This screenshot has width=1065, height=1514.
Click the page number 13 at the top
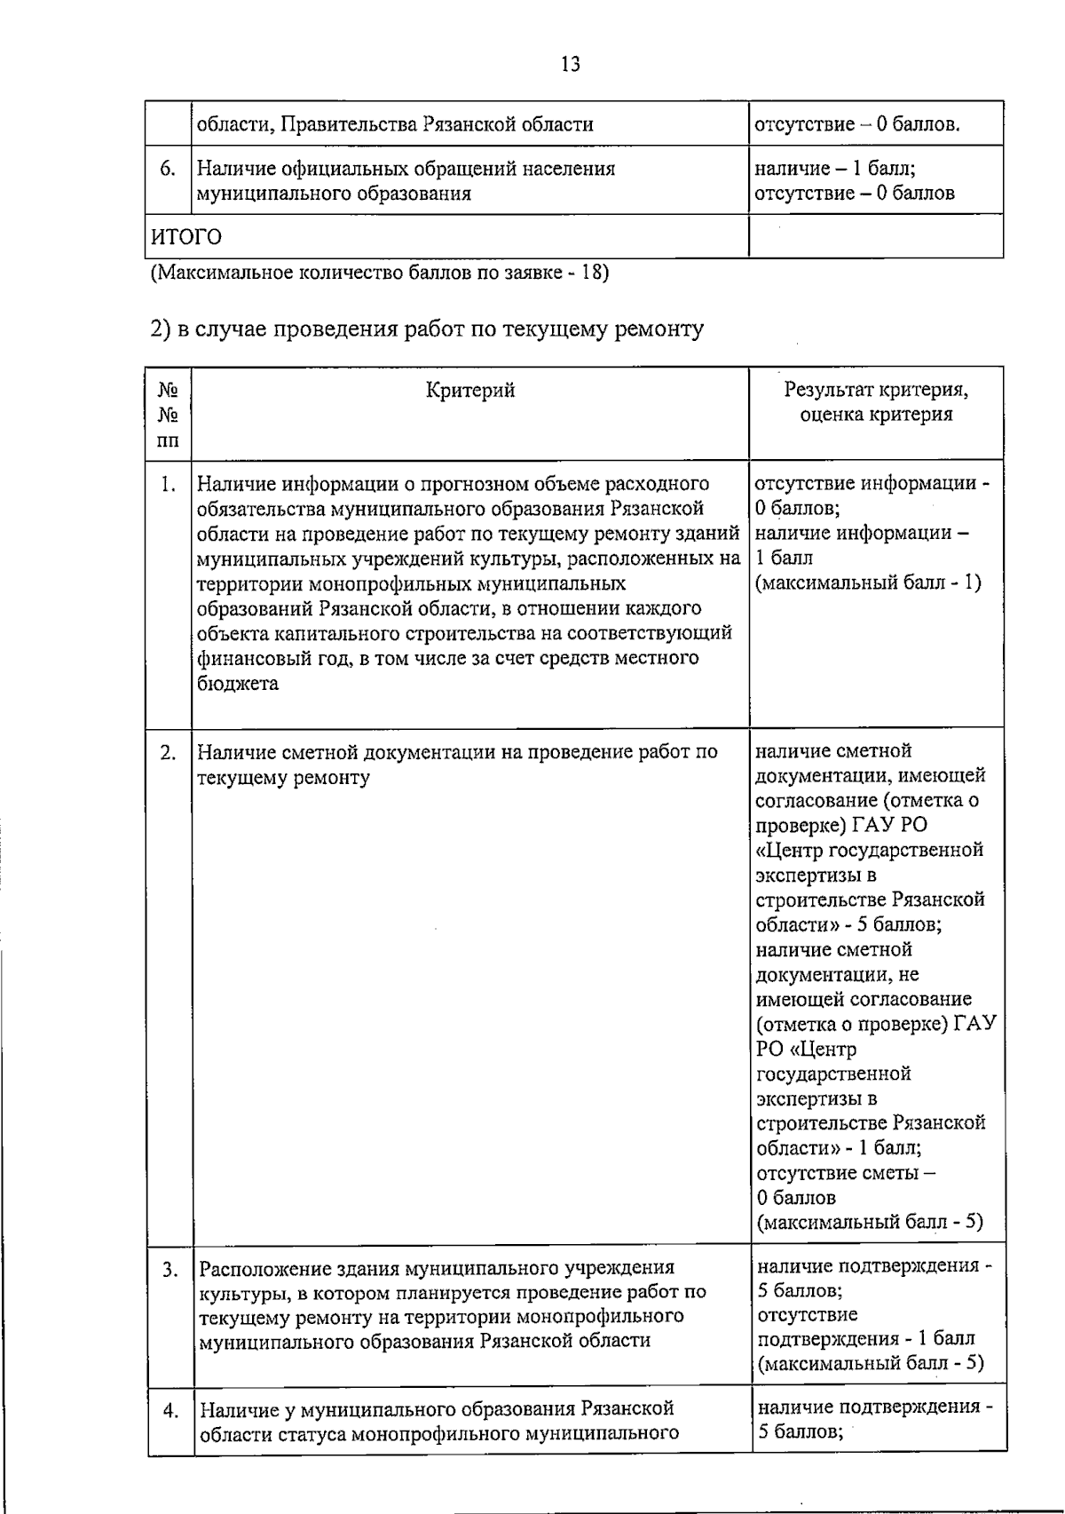coord(571,64)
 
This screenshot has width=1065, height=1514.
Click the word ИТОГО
coord(185,238)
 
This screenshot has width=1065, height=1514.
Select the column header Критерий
coord(470,390)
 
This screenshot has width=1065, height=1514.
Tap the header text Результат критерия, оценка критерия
coord(876,402)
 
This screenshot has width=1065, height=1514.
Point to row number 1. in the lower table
coord(169,485)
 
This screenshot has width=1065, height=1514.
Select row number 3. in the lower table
coord(170,1269)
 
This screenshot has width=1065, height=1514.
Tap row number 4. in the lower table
coord(170,1410)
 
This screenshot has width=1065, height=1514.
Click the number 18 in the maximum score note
coord(592,273)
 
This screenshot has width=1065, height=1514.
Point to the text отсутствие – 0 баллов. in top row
coord(857,124)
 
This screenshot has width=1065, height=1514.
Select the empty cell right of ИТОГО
coord(875,237)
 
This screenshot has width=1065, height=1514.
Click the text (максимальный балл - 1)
coord(868,583)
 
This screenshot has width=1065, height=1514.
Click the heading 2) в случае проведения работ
coord(427,329)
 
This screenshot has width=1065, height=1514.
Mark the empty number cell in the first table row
coord(169,123)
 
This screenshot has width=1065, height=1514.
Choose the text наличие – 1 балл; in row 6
coord(835,169)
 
